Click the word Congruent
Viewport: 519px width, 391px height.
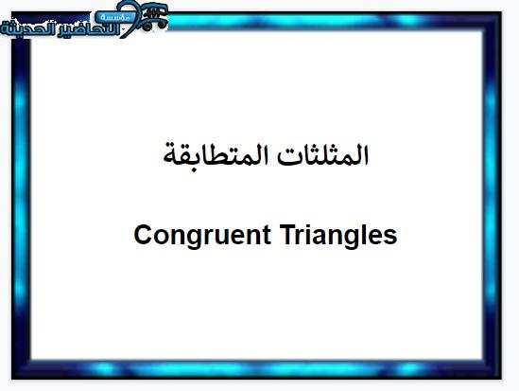[202, 236]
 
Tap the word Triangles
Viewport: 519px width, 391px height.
[338, 236]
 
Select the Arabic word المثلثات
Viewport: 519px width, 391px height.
[322, 155]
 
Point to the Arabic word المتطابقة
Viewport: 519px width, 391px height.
[217, 155]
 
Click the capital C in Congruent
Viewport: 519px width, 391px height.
[144, 234]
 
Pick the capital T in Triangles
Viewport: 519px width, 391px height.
[288, 234]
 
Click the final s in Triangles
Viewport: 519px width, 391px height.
[389, 238]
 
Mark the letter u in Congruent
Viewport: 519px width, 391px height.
[225, 238]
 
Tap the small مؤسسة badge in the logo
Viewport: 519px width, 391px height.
[115, 17]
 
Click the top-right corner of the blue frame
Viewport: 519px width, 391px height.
[501, 12]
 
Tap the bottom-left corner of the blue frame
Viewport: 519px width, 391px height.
[12, 379]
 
